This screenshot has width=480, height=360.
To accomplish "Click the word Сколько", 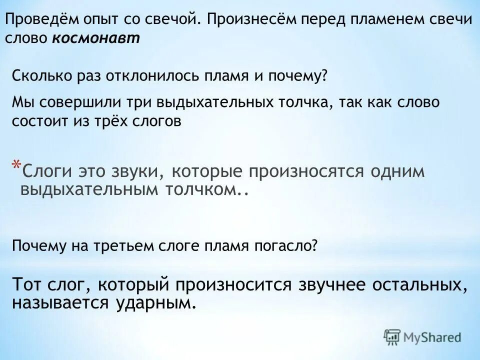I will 37,76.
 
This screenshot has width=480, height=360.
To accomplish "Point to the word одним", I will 398,171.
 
